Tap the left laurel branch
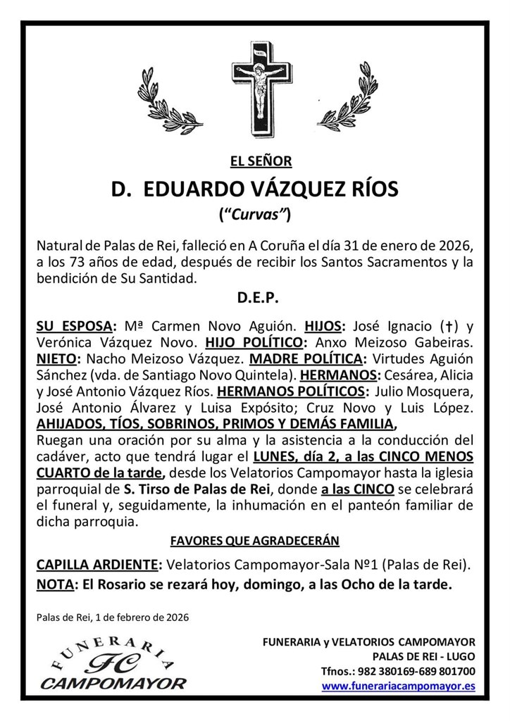[x=168, y=105]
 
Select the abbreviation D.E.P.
[x=255, y=299]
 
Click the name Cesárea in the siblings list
[x=390, y=375]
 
